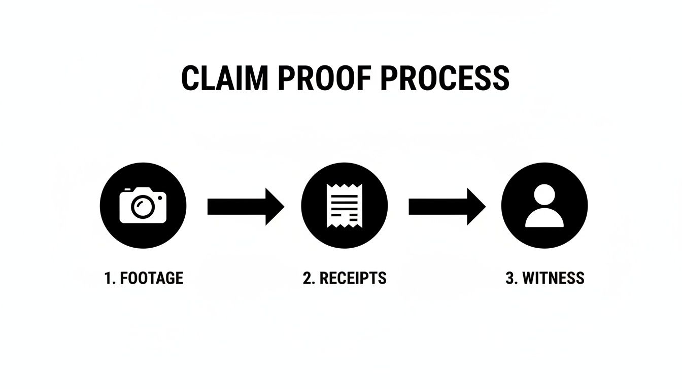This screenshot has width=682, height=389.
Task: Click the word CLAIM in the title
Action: (224, 78)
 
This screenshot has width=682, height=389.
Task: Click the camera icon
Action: (143, 206)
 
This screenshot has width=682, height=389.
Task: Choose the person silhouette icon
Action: (544, 206)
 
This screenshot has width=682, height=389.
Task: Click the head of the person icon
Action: (544, 194)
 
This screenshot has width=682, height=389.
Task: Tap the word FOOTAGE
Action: (150, 278)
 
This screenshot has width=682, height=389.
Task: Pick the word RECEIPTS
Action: (352, 278)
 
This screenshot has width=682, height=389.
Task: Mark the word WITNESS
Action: (553, 278)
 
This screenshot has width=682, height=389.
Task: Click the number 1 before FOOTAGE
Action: (108, 278)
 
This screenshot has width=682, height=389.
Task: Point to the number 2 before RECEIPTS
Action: (307, 278)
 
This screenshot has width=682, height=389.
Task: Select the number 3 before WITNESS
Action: (509, 278)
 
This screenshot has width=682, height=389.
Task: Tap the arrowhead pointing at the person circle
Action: (475, 207)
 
